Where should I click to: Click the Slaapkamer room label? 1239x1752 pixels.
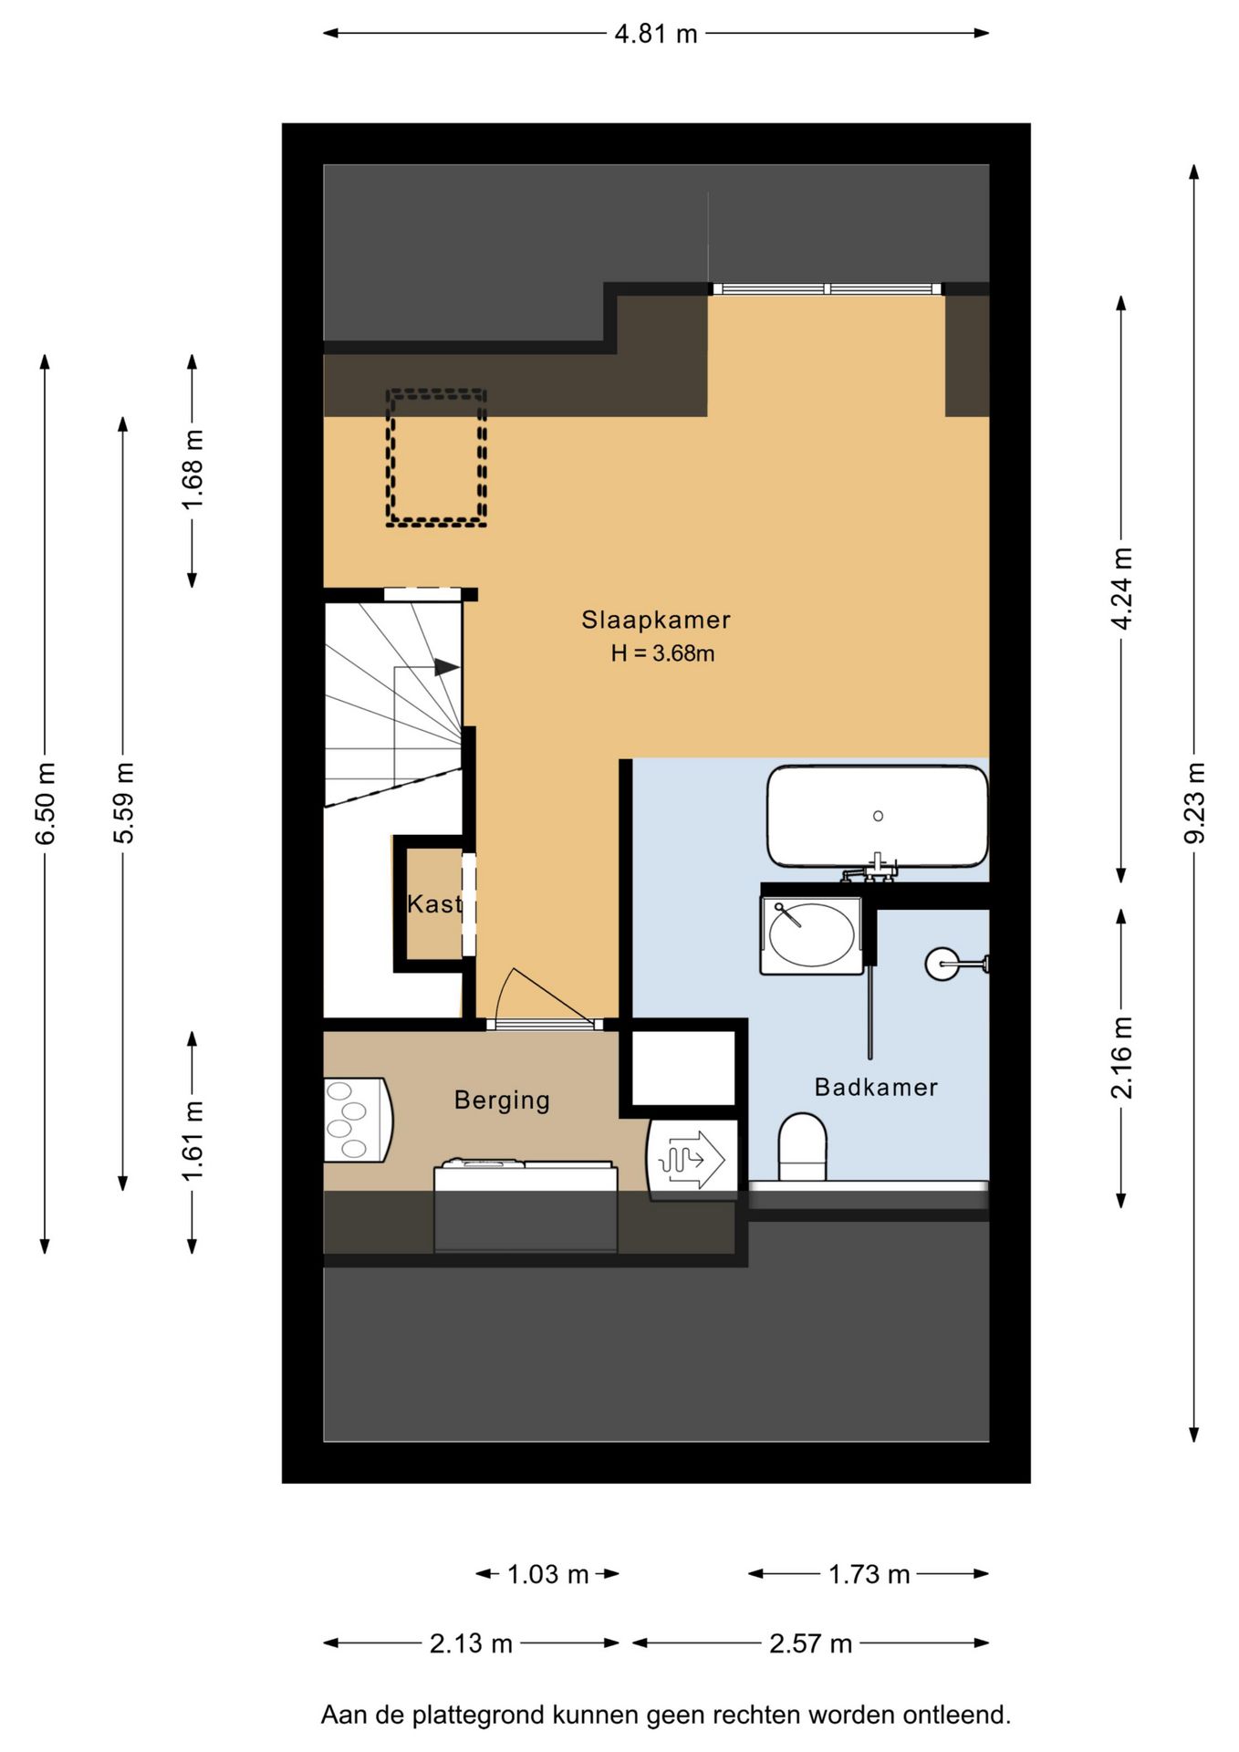(656, 620)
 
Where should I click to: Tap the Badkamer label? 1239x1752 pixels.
(876, 1087)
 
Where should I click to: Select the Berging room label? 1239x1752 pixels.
(502, 1100)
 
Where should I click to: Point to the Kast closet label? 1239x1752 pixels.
(434, 904)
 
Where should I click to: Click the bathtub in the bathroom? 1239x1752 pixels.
(877, 816)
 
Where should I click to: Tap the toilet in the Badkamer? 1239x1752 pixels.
(802, 1147)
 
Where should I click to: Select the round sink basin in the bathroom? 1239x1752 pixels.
(811, 935)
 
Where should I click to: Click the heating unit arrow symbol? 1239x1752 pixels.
(692, 1159)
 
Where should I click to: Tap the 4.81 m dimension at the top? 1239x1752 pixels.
(656, 34)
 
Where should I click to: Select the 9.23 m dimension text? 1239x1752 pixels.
(1194, 803)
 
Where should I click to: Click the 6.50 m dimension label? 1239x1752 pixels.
(46, 803)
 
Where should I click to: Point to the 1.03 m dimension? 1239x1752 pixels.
(547, 1574)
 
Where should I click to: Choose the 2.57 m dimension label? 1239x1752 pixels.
(810, 1643)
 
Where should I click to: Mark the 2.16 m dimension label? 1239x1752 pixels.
(1121, 1058)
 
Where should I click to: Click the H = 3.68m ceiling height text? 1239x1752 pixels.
(662, 653)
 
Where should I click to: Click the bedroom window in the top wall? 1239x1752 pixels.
(827, 289)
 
